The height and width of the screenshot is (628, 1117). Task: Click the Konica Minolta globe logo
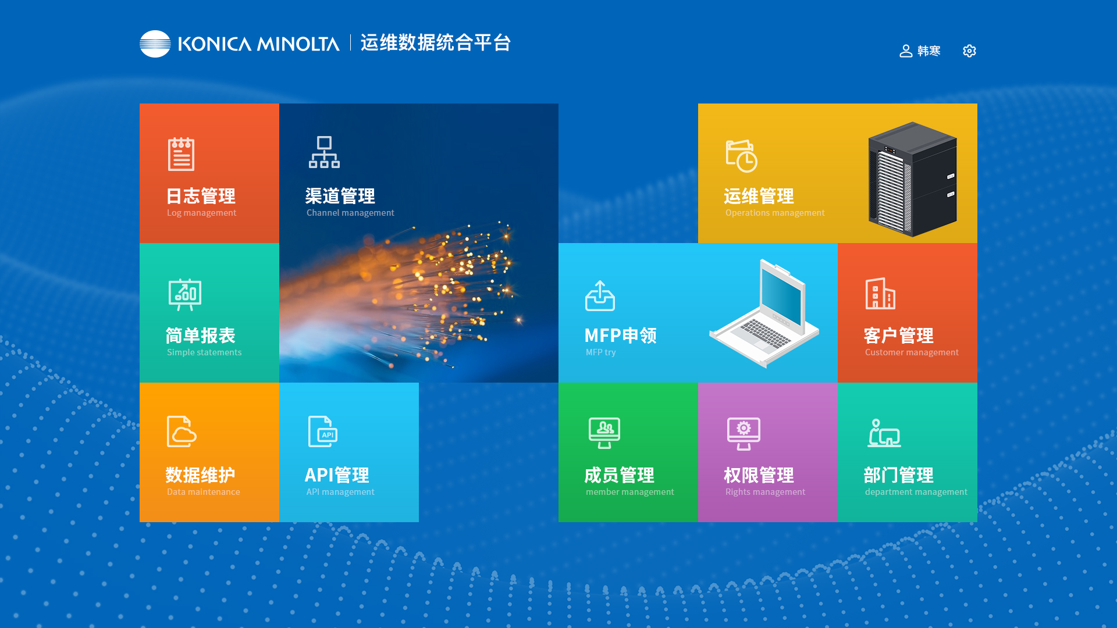(155, 44)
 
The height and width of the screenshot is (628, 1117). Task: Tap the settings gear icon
(969, 51)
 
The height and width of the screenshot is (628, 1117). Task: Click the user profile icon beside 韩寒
(906, 51)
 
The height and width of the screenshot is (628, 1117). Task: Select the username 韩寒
(929, 51)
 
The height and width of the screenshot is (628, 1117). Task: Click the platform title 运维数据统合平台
(436, 42)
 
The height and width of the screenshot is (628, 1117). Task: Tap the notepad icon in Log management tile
(181, 154)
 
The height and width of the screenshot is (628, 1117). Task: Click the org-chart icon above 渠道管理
(324, 152)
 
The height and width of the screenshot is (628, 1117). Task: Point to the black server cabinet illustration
(912, 179)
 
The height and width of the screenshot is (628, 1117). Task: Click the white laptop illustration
(764, 313)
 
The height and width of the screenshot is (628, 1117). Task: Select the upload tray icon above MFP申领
(600, 296)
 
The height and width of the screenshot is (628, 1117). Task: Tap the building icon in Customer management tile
(880, 293)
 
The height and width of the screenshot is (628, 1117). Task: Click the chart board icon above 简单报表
(185, 294)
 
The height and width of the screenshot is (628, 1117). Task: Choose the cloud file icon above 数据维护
(182, 431)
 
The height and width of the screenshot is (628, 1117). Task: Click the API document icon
(323, 431)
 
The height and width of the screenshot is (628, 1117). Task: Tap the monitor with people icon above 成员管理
(604, 433)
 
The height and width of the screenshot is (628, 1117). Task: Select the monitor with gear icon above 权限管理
(744, 434)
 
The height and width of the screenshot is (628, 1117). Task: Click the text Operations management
(775, 213)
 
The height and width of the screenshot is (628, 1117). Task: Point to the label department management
(916, 492)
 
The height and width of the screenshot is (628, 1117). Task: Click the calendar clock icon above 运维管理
(741, 156)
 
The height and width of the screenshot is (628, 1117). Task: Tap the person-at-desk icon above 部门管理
(884, 433)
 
